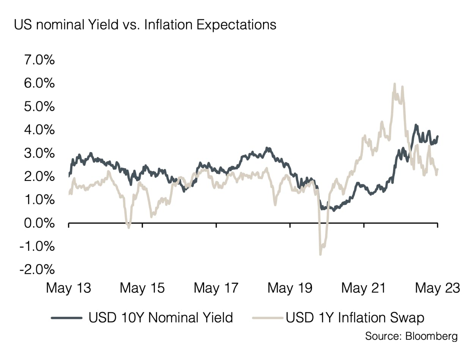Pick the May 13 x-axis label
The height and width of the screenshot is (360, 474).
[x=69, y=288]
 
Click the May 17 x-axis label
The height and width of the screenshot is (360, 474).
[x=216, y=288]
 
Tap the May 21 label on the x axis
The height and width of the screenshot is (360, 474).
[x=364, y=288]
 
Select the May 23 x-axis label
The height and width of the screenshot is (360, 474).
[x=438, y=288]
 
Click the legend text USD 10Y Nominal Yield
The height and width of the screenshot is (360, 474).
[x=161, y=317]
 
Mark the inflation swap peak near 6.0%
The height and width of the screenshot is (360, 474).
[x=395, y=84]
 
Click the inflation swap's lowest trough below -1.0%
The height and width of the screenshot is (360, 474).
[x=320, y=254]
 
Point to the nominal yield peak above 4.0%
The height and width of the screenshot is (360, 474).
[x=416, y=125]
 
